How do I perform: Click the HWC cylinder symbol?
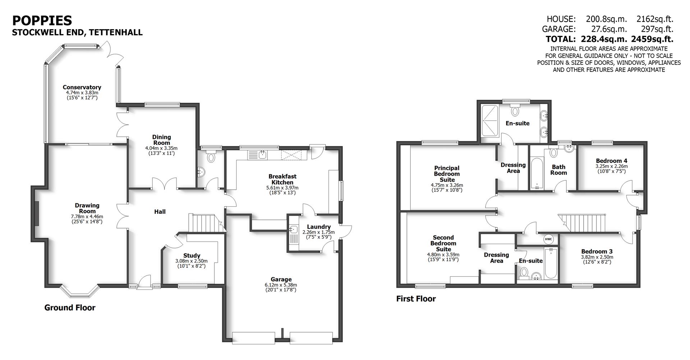(x=548, y=239)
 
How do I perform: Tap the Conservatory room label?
(x=82, y=87)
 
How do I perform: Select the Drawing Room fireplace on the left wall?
(x=37, y=213)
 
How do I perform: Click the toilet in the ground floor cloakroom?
(x=211, y=157)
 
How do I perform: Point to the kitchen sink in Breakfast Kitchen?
(x=262, y=155)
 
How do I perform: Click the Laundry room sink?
(x=293, y=230)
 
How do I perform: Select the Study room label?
(x=192, y=256)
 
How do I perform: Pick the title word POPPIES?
(x=42, y=20)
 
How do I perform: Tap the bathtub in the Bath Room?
(x=537, y=173)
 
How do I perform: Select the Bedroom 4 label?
(x=611, y=161)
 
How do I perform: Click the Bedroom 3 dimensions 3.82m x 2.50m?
(x=597, y=257)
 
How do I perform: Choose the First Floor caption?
(x=416, y=299)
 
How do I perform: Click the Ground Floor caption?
(x=70, y=308)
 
